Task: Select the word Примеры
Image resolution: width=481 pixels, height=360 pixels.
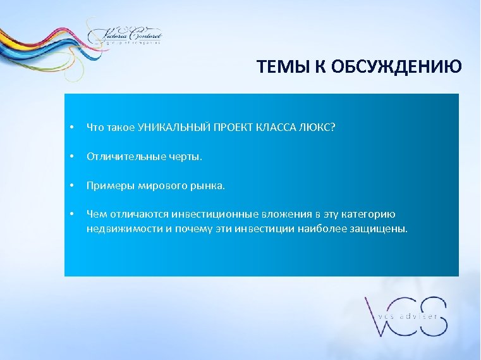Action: (106, 186)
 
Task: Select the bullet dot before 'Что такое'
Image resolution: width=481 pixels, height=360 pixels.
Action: (73, 128)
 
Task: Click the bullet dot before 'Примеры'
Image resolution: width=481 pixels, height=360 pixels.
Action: (73, 187)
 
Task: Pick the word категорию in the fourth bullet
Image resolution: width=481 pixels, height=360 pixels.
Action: (373, 215)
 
